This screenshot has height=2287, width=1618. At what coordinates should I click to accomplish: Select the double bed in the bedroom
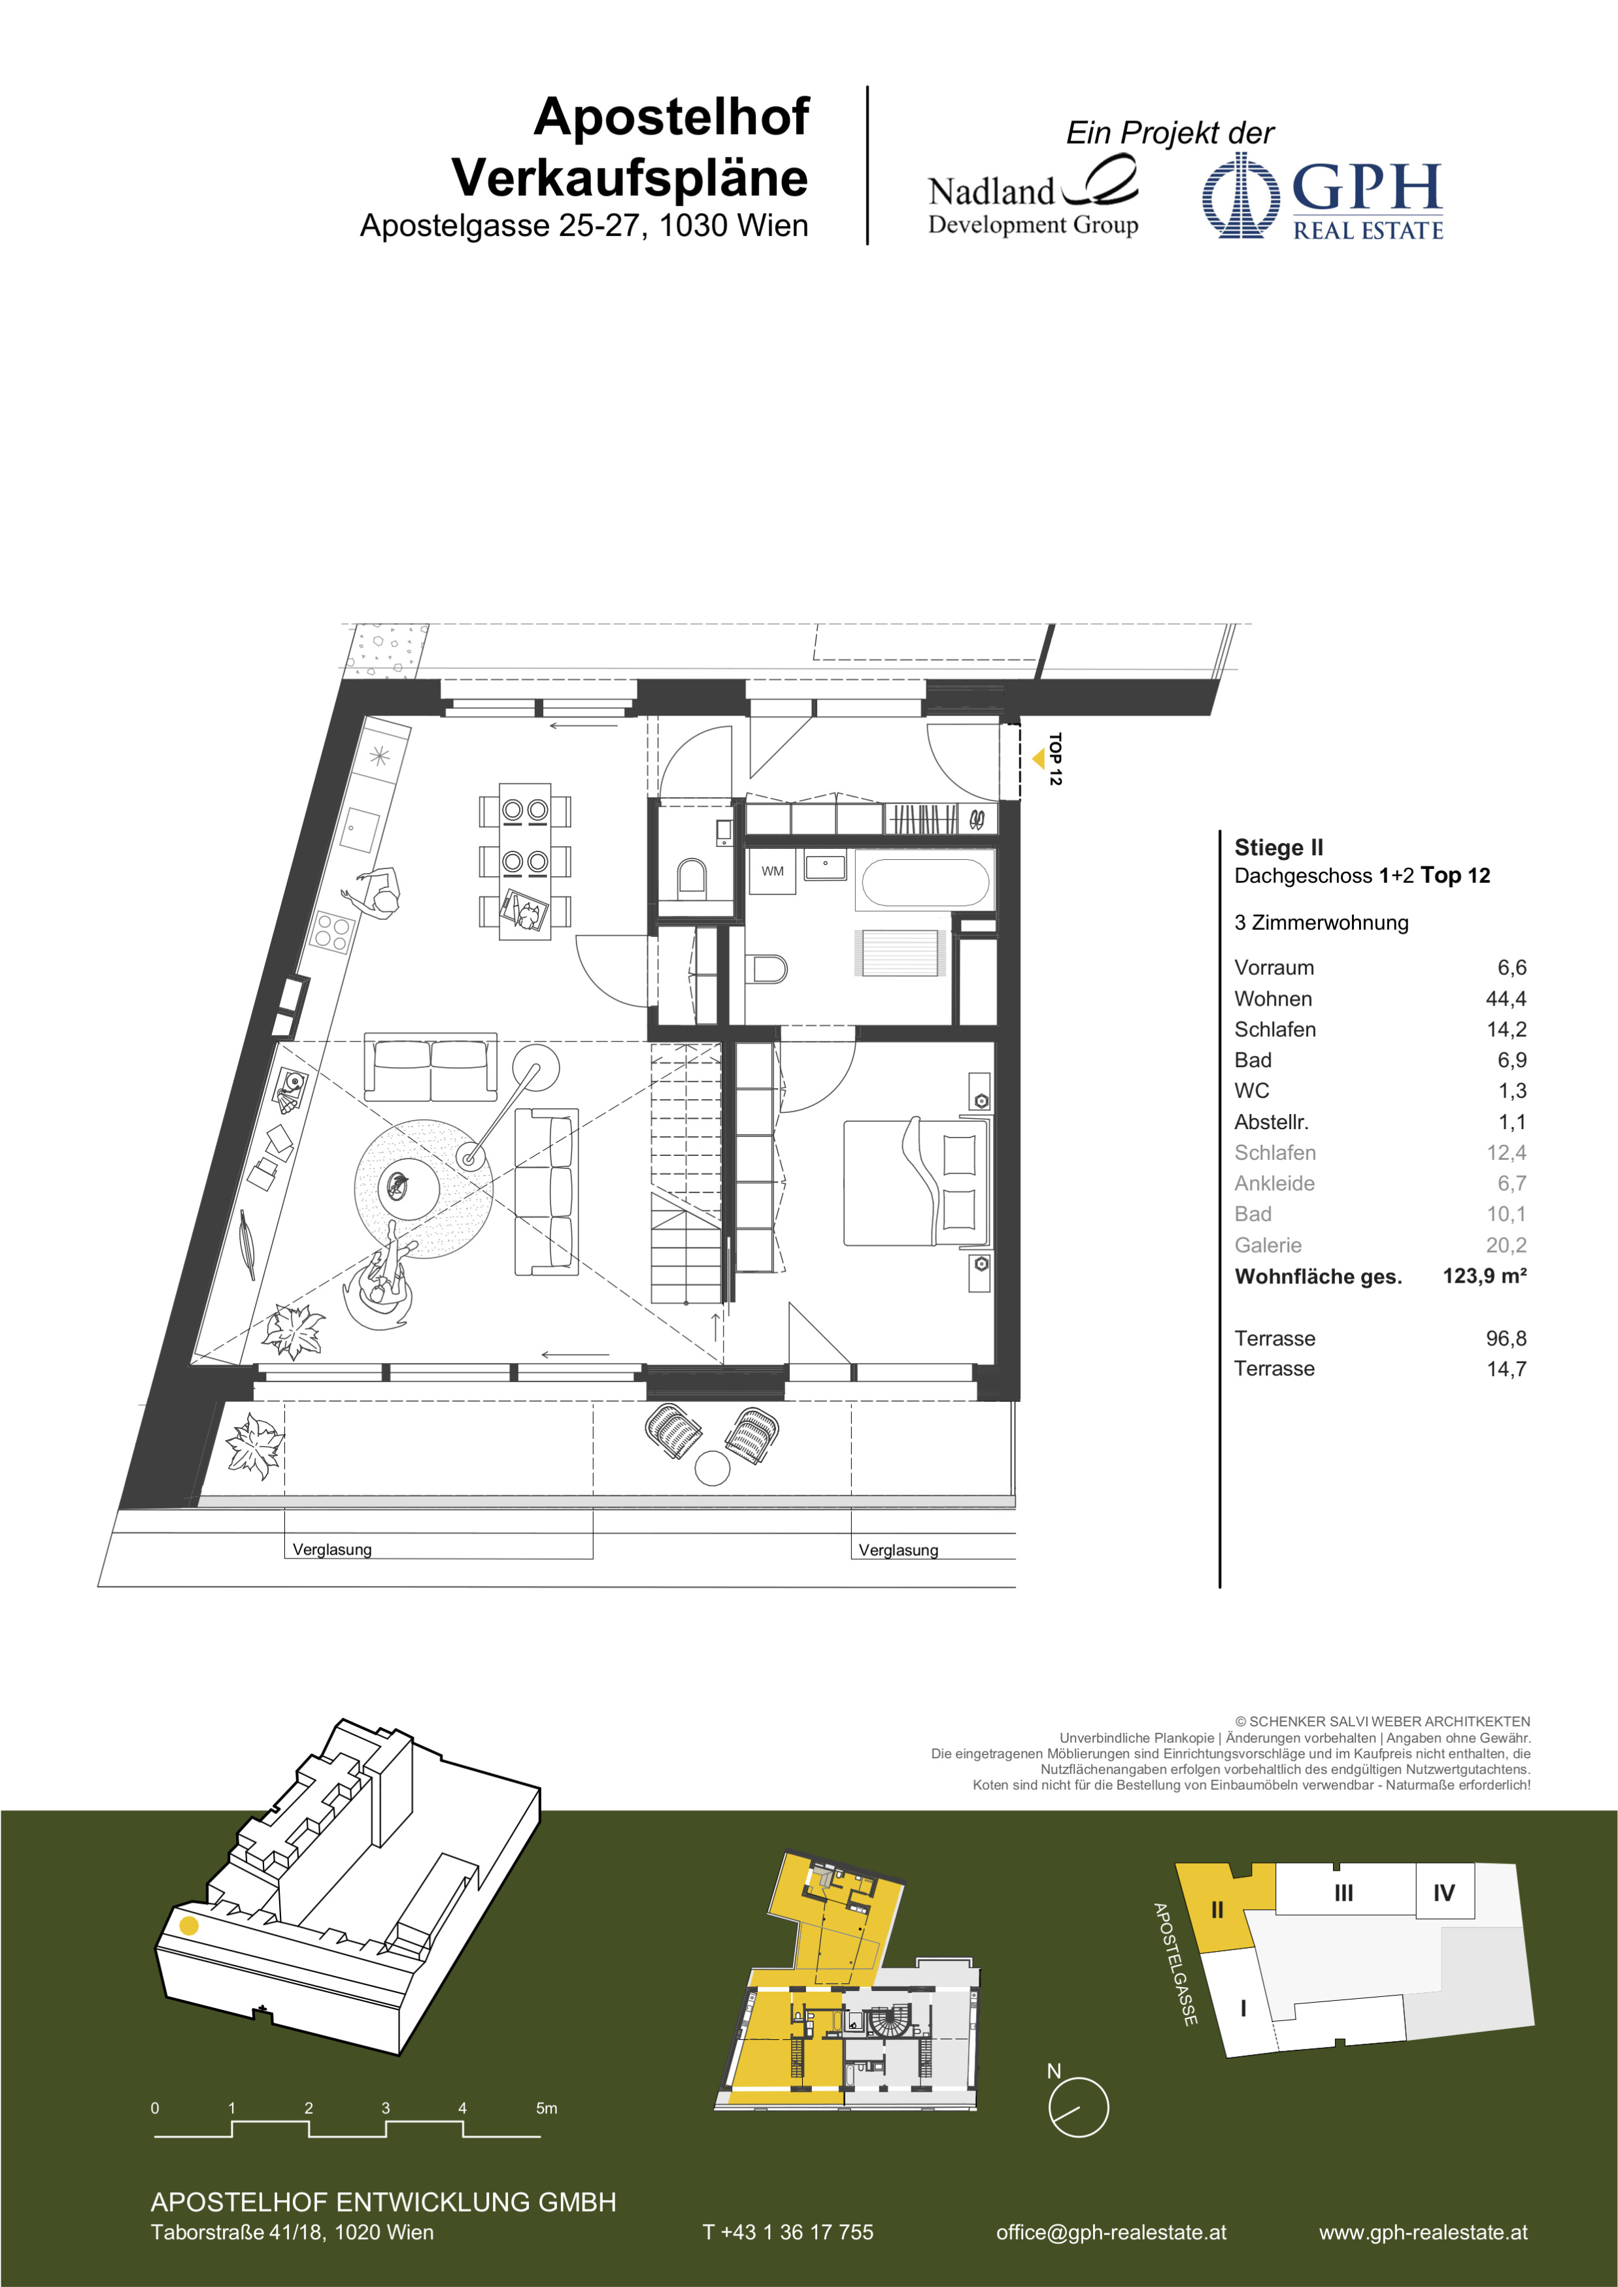click(x=917, y=1181)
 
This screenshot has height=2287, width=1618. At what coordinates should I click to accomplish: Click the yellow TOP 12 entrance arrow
click(x=1038, y=759)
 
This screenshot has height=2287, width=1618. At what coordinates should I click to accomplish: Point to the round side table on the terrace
click(x=713, y=1468)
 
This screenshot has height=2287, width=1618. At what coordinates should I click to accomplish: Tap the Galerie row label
click(x=1268, y=1245)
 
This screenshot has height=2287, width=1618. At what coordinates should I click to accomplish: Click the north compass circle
click(x=1078, y=2107)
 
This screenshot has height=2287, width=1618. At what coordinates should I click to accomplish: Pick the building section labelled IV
click(x=1443, y=1892)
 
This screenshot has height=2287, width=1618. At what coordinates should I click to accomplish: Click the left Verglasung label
click(x=331, y=1549)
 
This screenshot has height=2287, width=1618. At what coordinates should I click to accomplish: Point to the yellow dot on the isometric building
click(x=188, y=1926)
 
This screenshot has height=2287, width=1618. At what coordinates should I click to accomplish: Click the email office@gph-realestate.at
click(x=1111, y=2232)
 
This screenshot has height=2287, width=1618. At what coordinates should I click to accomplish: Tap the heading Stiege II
click(x=1278, y=847)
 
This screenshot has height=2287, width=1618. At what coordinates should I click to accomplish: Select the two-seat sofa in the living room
click(x=430, y=1066)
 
